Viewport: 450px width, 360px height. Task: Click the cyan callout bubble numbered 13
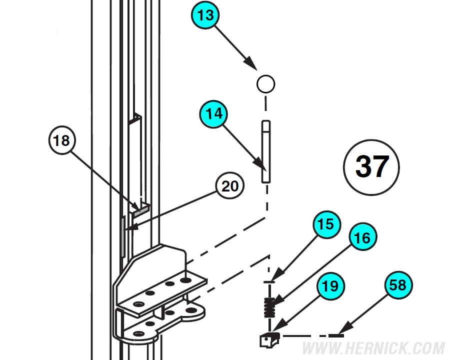click(x=205, y=15)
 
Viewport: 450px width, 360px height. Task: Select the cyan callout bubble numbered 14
click(x=213, y=114)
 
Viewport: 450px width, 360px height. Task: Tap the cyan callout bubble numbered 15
click(x=326, y=224)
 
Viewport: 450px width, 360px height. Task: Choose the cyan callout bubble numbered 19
click(x=330, y=286)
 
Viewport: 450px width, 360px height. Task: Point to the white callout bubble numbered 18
click(x=61, y=141)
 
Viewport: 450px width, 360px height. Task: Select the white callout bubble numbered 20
click(x=230, y=186)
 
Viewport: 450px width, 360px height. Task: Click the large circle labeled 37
click(x=372, y=166)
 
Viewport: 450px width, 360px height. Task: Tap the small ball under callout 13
click(x=265, y=83)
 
